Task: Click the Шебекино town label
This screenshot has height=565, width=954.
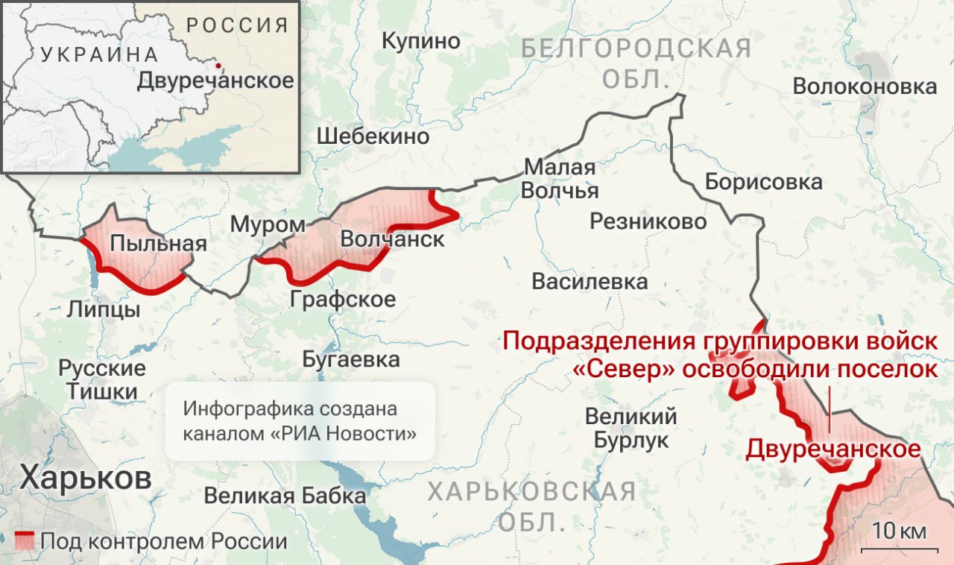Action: [x=373, y=136]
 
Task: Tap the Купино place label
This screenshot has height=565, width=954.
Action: [x=421, y=41]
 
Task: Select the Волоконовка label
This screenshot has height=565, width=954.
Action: [x=865, y=86]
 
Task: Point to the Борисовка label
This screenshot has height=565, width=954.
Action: [x=763, y=182]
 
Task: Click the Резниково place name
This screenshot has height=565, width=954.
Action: [x=648, y=221]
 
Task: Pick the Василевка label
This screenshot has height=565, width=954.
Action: [x=590, y=282]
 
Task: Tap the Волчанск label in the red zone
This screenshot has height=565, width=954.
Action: [x=392, y=239]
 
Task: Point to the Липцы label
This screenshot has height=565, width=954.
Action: [x=103, y=309]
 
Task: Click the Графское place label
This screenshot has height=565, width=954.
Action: [x=343, y=300]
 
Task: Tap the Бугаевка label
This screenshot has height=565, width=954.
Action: [x=351, y=359]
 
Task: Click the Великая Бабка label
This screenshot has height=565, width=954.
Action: [x=285, y=496]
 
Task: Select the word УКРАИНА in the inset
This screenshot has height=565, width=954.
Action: [x=99, y=54]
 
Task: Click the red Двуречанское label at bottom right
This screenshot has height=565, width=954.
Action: [x=833, y=449]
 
